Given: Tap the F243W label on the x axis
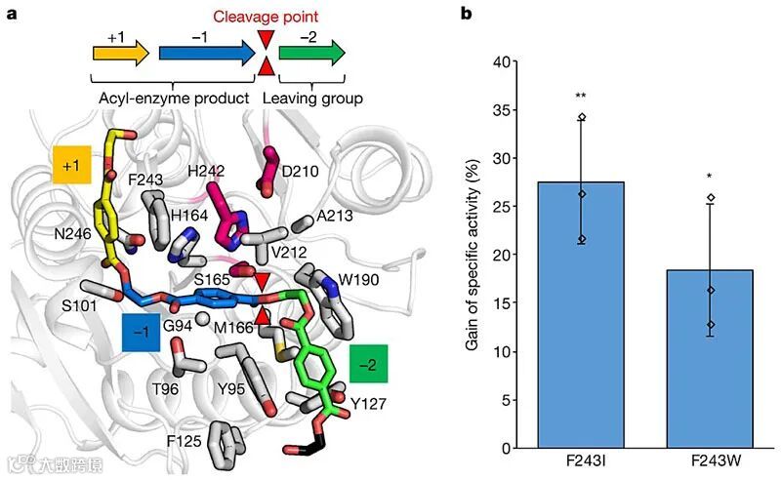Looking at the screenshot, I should [x=710, y=461].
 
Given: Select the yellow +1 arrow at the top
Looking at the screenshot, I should [x=120, y=53].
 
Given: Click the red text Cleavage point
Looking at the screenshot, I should [x=267, y=17].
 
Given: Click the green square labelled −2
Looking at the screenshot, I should [x=369, y=363].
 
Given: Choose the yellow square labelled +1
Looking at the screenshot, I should [x=71, y=167].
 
